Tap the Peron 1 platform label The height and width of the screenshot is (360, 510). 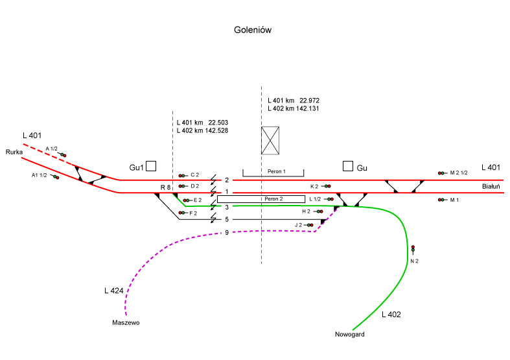tap(273, 172)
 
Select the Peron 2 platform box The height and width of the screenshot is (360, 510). tap(261, 198)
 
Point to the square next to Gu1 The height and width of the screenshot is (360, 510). tap(151, 166)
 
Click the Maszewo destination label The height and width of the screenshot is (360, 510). tap(126, 322)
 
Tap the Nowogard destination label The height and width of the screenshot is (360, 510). tap(350, 335)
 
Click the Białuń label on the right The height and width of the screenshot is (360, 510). tap(491, 186)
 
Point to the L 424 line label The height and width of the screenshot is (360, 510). tap(113, 289)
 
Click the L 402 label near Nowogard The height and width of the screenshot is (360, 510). tap(391, 315)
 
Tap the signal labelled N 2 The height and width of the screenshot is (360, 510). tap(413, 249)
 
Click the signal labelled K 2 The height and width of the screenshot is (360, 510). tap(328, 186)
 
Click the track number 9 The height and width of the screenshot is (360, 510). tap(227, 232)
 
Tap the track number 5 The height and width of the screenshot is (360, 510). tap(227, 219)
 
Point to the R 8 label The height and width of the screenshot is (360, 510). tap(165, 187)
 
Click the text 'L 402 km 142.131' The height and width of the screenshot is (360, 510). tap(294, 109)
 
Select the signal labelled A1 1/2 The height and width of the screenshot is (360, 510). tap(56, 176)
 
